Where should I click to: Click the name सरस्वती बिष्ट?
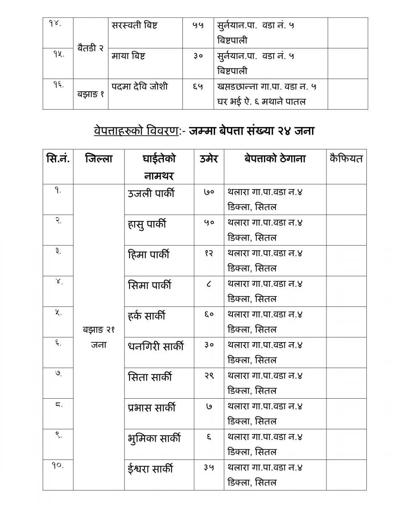[x=134, y=25]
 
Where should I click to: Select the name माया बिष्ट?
[x=128, y=56]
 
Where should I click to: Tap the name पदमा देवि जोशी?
[x=140, y=87]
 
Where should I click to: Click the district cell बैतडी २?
[x=91, y=48]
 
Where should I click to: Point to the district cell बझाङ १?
[x=91, y=94]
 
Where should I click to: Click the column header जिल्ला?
[x=99, y=159]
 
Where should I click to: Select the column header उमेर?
[x=209, y=159]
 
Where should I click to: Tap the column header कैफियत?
[x=346, y=159]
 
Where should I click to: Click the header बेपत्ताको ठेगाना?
[x=275, y=159]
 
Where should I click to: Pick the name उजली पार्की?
[x=151, y=194]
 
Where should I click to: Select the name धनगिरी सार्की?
[x=156, y=346]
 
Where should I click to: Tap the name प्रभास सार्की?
[x=152, y=408]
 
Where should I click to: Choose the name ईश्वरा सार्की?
[x=150, y=469]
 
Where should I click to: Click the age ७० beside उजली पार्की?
[x=209, y=193]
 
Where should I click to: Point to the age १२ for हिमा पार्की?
[x=209, y=254]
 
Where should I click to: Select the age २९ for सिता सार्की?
[x=209, y=376]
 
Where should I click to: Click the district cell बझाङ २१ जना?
[x=99, y=337]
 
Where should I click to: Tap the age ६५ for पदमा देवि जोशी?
[x=198, y=87]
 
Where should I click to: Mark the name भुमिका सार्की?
[x=154, y=438]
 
